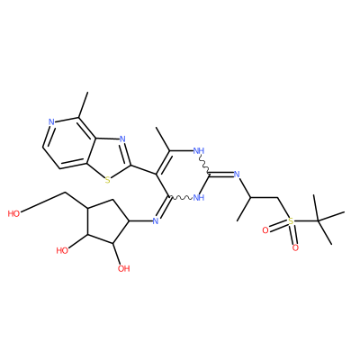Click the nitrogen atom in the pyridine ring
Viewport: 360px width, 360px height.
(51, 122)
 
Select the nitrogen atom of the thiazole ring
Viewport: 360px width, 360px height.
(122, 139)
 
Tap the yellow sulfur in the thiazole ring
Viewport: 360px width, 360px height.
(107, 180)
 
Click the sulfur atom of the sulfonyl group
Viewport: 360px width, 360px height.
(291, 221)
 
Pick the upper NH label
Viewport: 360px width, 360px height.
(199, 150)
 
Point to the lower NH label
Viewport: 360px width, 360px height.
(199, 198)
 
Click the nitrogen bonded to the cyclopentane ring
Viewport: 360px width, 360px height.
(155, 221)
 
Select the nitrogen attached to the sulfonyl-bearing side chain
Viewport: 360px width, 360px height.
(237, 175)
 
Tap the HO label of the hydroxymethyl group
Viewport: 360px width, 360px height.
(13, 214)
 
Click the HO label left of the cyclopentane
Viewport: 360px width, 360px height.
(62, 250)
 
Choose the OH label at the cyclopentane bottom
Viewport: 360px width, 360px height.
(123, 268)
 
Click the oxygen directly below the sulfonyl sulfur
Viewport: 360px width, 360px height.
(295, 247)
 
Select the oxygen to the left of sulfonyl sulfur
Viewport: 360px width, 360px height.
(265, 230)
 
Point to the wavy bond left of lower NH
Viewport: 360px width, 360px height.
(181, 198)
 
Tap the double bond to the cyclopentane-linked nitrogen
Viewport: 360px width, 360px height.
(164, 209)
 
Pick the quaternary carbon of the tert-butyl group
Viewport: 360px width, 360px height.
(319, 221)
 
